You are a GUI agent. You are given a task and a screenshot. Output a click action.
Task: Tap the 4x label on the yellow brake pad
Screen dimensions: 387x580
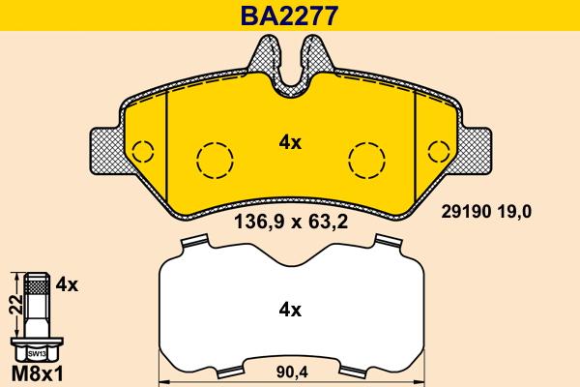coord(290,142)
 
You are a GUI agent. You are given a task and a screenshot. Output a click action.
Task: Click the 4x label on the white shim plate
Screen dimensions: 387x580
coord(290,311)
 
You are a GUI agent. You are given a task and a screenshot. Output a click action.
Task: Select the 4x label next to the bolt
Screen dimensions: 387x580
coord(67,284)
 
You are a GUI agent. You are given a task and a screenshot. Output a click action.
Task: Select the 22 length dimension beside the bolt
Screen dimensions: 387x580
coord(12,307)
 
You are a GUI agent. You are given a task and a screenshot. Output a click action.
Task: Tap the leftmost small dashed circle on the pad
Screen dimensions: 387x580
coord(143,152)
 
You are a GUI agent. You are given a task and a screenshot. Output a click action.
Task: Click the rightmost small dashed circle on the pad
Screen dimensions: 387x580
coord(437,152)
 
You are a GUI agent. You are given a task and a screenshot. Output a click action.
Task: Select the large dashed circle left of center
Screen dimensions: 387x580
coord(214,158)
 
